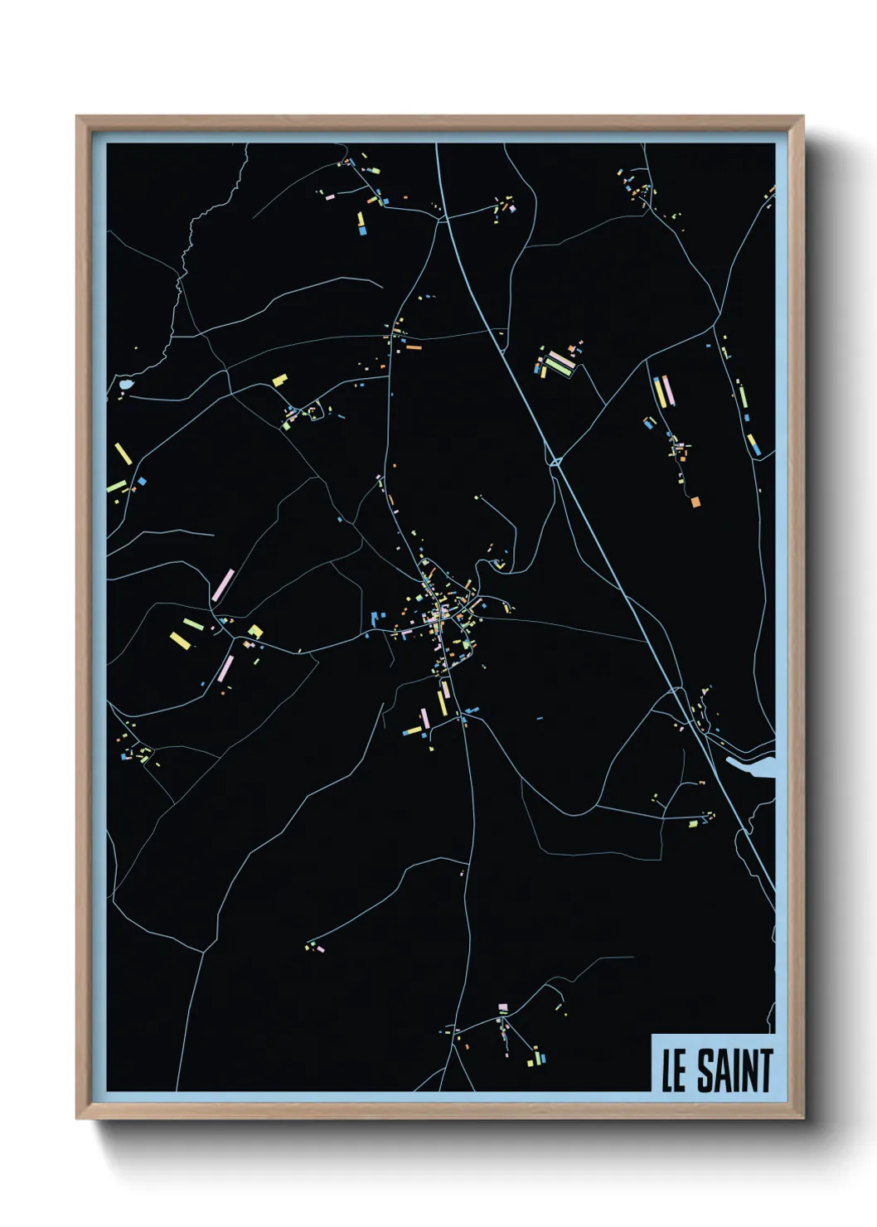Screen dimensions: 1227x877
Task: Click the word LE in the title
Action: click(673, 1070)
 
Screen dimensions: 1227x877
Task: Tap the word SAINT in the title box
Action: click(734, 1070)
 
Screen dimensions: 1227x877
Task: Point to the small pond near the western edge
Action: click(125, 385)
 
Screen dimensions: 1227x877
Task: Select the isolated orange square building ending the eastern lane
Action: click(695, 501)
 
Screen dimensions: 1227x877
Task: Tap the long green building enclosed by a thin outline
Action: click(560, 362)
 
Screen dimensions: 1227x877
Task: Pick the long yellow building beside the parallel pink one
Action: click(661, 391)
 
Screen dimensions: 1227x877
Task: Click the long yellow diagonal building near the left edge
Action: click(124, 453)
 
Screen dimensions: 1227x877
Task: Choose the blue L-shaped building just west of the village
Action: click(377, 618)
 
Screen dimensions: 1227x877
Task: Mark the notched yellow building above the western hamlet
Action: click(280, 380)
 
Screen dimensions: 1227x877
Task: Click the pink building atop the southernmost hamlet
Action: click(502, 1006)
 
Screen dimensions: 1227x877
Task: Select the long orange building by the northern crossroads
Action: click(412, 338)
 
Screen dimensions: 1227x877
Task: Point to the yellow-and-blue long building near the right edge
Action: click(752, 444)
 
